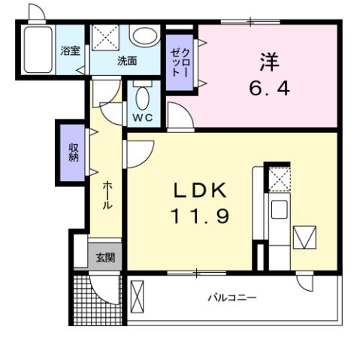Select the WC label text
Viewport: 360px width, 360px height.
pos(142,118)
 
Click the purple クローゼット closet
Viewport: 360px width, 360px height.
pos(180,63)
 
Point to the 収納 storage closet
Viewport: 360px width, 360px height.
pos(73,153)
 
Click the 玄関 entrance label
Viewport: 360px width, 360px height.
pos(105,258)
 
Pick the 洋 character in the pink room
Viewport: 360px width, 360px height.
pos(268,60)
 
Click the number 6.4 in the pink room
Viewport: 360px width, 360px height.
pos(268,87)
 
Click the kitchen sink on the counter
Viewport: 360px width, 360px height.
pos(279,210)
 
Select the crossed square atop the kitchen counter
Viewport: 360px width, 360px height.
pos(279,178)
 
